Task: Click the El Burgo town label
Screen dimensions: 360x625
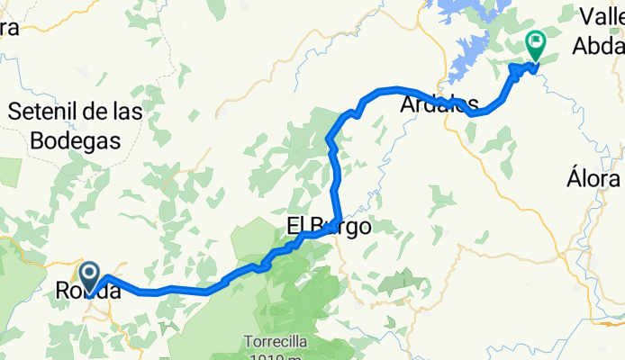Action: click(x=328, y=227)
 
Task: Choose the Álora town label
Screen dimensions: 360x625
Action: click(x=594, y=177)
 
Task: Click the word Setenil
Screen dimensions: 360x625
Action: click(x=50, y=112)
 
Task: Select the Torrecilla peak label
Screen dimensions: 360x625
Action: click(x=278, y=342)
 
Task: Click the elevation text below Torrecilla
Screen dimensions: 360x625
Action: click(x=278, y=356)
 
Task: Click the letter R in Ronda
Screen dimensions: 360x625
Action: click(x=63, y=292)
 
